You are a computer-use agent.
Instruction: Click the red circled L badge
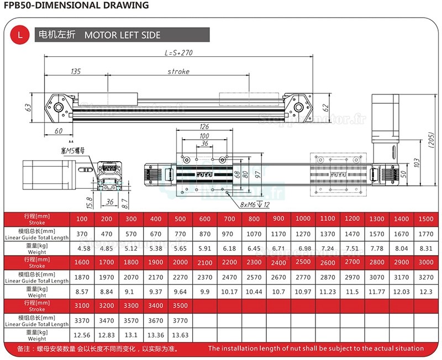pyautogui.click(x=20, y=35)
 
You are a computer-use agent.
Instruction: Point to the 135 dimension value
pyautogui.click(x=76, y=71)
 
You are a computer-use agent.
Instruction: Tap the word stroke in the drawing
pyautogui.click(x=178, y=71)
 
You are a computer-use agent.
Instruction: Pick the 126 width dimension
pyautogui.click(x=204, y=126)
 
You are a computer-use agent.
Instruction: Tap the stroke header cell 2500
pyautogui.click(x=303, y=261)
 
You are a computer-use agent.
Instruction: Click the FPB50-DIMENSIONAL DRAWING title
pyautogui.click(x=76, y=6)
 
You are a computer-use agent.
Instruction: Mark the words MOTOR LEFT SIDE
pyautogui.click(x=122, y=35)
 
